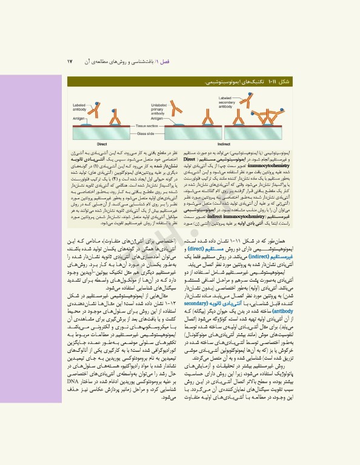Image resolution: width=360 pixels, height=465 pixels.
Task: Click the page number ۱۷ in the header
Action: pyautogui.click(x=70, y=61)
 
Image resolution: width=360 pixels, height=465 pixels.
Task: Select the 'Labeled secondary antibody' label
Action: pyautogui.click(x=227, y=101)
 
